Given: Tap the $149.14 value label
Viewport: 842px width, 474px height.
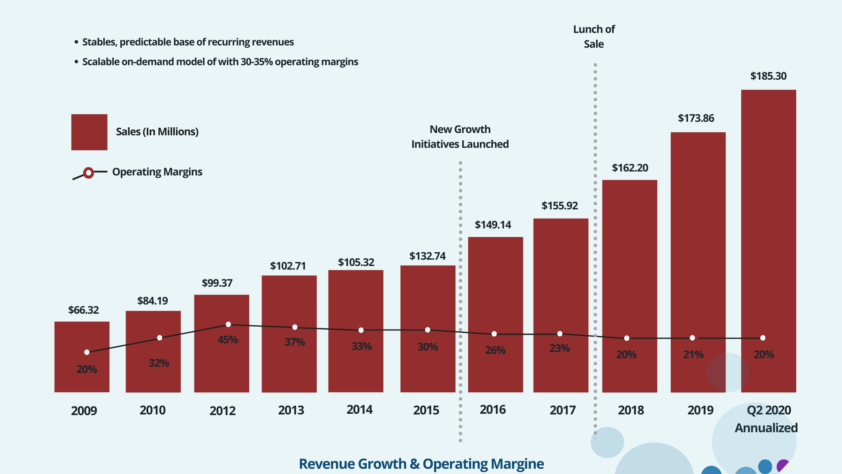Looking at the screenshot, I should pyautogui.click(x=493, y=225).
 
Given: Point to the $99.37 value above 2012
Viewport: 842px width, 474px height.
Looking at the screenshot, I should pyautogui.click(x=217, y=283).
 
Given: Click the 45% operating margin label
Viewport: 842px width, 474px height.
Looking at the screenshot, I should pyautogui.click(x=228, y=340).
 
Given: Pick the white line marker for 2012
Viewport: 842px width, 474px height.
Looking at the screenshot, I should pyautogui.click(x=228, y=325).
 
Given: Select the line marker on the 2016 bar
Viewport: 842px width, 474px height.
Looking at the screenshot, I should pyautogui.click(x=494, y=334).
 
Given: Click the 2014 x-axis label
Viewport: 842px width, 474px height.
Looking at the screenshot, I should pyautogui.click(x=359, y=410).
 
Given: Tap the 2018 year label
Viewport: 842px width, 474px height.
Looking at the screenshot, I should pyautogui.click(x=631, y=410).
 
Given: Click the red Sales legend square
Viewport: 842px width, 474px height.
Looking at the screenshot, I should pyautogui.click(x=89, y=132).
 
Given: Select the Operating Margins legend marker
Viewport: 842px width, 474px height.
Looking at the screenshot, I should pyautogui.click(x=88, y=173).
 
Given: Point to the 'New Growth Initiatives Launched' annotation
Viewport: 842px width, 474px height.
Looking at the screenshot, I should pyautogui.click(x=460, y=137).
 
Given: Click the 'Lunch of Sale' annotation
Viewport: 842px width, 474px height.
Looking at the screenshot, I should pyautogui.click(x=594, y=37).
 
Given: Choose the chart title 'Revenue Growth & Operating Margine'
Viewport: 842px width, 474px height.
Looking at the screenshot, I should pyautogui.click(x=421, y=464).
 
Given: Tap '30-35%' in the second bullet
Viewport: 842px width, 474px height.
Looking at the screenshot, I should pyautogui.click(x=257, y=62).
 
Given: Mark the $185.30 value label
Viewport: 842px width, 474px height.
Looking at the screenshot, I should pyautogui.click(x=768, y=76).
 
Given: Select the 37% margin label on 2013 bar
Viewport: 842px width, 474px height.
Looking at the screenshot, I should pyautogui.click(x=295, y=342).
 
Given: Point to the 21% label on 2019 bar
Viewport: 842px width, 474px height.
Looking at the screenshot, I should pyautogui.click(x=693, y=355).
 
